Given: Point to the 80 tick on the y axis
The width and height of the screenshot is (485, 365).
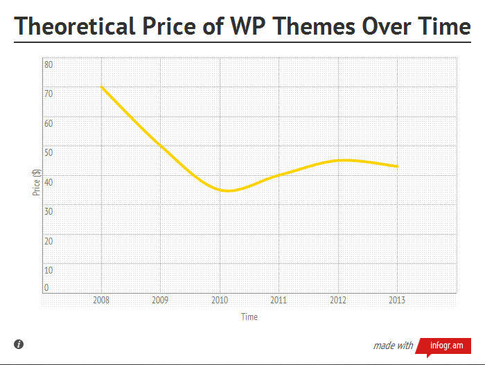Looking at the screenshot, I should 49,64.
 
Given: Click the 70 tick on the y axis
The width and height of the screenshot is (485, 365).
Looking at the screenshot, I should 49,94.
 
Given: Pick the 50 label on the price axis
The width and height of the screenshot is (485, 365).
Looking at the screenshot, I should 49,152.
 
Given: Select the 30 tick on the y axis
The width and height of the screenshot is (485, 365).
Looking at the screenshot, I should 49,211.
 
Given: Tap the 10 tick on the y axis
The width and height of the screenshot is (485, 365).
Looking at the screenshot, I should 49,270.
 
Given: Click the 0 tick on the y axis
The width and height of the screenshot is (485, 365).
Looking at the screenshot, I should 47,287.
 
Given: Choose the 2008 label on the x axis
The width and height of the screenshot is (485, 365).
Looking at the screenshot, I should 102,301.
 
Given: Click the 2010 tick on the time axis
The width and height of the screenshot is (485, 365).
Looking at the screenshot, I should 220,301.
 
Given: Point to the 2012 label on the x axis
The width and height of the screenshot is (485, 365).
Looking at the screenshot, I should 338,301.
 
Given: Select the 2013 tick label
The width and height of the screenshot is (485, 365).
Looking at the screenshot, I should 397,301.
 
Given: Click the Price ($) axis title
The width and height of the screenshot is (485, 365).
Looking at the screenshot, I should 35,183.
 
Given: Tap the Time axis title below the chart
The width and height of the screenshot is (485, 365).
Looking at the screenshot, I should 249,317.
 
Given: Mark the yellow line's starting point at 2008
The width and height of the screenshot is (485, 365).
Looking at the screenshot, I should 102,87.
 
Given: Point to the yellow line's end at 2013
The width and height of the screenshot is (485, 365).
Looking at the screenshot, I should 397,166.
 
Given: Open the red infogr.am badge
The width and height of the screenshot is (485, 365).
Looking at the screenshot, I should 448,345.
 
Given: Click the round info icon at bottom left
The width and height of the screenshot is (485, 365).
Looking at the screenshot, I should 19,344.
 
